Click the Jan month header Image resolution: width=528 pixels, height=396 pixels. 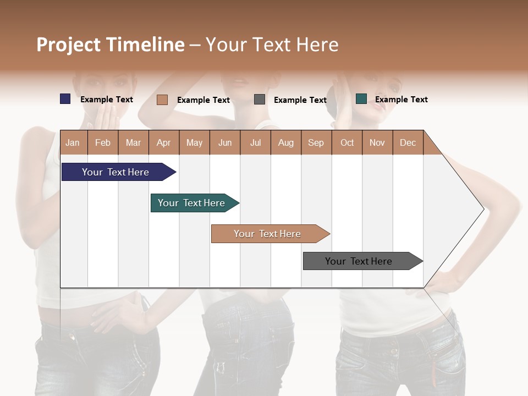pos(73,142)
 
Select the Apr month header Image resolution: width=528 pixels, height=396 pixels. pos(164,142)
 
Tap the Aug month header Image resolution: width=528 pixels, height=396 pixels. pos(285,142)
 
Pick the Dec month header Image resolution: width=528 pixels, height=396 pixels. pos(408,142)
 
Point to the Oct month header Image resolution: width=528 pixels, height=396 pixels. pos(347,142)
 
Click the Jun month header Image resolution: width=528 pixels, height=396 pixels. pos(225,142)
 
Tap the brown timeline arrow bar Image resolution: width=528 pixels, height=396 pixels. pos(268,234)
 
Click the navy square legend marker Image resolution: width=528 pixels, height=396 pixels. pos(65,99)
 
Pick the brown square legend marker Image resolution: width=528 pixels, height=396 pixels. pos(162,100)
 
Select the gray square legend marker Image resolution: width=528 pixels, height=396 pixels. pos(260,100)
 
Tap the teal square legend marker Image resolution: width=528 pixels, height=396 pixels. pos(361,99)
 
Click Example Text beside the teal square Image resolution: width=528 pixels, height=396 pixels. pos(401,100)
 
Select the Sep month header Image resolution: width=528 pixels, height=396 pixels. pos(316,142)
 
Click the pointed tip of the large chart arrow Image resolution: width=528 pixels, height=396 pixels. pos(482,209)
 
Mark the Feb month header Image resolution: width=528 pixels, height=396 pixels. pos(103,142)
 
